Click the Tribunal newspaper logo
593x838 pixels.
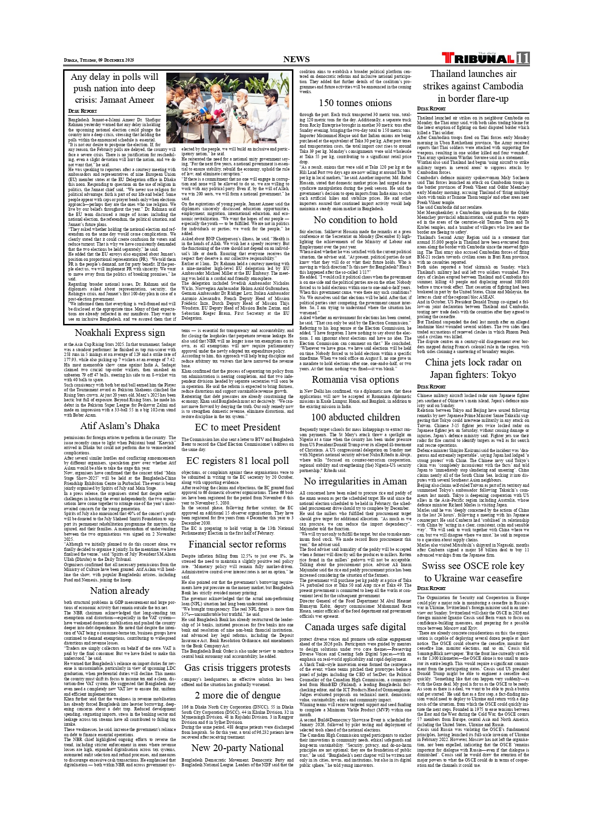point(478,59)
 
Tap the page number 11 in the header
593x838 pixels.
point(522,58)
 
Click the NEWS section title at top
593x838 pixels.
point(296,59)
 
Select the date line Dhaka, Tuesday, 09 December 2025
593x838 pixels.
point(99,60)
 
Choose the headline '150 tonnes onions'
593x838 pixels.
point(355,103)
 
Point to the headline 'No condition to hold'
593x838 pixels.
point(355,220)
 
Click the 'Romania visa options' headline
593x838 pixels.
point(355,379)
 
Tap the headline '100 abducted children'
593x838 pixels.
point(355,417)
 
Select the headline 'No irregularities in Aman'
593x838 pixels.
point(355,481)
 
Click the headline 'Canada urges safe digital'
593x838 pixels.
point(355,627)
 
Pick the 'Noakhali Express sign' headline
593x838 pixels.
point(119,333)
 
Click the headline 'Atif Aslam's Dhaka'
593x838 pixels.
point(119,426)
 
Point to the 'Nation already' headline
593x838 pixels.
point(119,591)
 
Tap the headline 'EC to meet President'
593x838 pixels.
point(237,427)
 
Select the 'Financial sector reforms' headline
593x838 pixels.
point(237,544)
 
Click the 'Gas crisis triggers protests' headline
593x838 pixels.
point(237,667)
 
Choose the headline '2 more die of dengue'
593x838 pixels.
point(237,695)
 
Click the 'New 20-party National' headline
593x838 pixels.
point(237,748)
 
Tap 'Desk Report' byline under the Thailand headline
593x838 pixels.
point(431,109)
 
